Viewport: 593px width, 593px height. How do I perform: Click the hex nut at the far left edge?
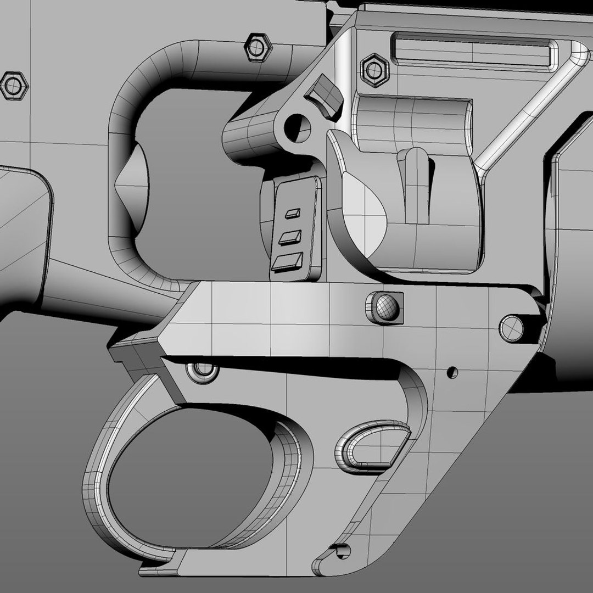point(12,85)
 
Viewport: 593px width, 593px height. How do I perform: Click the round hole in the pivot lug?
point(298,127)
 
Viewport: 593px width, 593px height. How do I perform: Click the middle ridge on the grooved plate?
point(290,237)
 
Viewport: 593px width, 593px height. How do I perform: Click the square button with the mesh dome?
point(385,306)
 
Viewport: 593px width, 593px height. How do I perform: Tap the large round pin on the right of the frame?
point(511,327)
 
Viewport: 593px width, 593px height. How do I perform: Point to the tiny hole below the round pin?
point(452,372)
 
